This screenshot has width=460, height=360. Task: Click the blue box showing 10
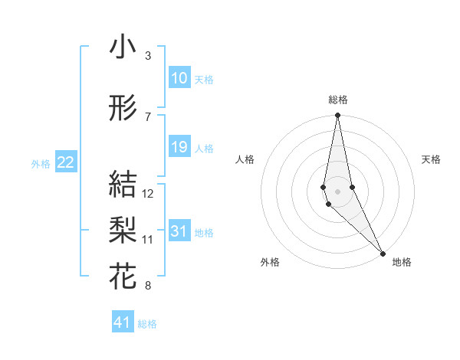[x=179, y=78]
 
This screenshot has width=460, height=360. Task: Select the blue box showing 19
[x=179, y=147]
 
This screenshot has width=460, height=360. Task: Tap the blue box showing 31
[x=179, y=232]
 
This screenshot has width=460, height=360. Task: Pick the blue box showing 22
[x=66, y=162]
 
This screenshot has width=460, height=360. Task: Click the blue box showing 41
[x=123, y=322]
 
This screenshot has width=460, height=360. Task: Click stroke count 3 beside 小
[x=147, y=56]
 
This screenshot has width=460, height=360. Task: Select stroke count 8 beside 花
[x=147, y=286]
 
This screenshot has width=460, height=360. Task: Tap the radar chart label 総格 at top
[x=338, y=100]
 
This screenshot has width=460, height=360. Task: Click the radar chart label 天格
[x=432, y=159]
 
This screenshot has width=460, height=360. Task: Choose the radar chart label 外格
[x=270, y=262]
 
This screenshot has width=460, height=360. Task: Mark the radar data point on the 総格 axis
[x=337, y=116]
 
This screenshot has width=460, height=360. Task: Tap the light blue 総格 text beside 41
[x=147, y=324]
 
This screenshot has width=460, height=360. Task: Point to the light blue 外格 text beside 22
[x=40, y=163]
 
